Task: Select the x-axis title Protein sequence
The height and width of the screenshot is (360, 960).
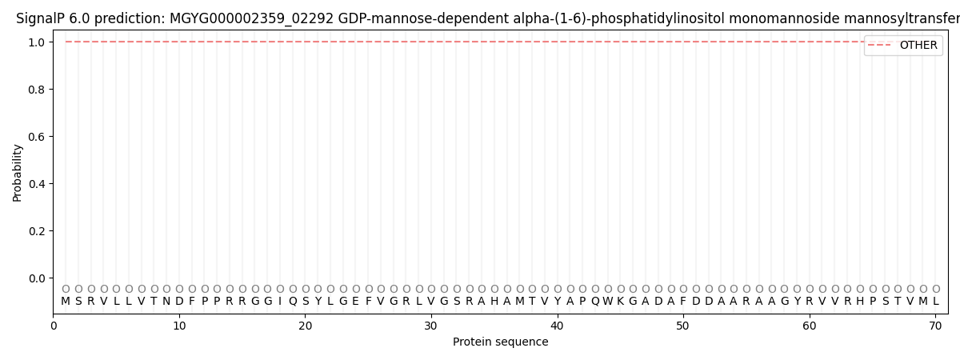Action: [x=501, y=342]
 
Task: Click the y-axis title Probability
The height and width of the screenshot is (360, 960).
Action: [x=18, y=172]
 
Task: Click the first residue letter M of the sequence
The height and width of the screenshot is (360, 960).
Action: [x=66, y=302]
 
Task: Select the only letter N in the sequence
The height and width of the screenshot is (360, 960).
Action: [x=166, y=302]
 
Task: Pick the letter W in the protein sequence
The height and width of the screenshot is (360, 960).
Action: [x=608, y=302]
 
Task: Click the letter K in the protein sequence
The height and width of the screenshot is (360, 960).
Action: [x=621, y=302]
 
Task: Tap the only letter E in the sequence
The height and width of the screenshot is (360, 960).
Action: [x=356, y=302]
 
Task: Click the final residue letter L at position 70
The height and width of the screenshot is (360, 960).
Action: [x=936, y=302]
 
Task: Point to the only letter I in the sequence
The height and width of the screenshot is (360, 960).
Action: [x=280, y=302]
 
